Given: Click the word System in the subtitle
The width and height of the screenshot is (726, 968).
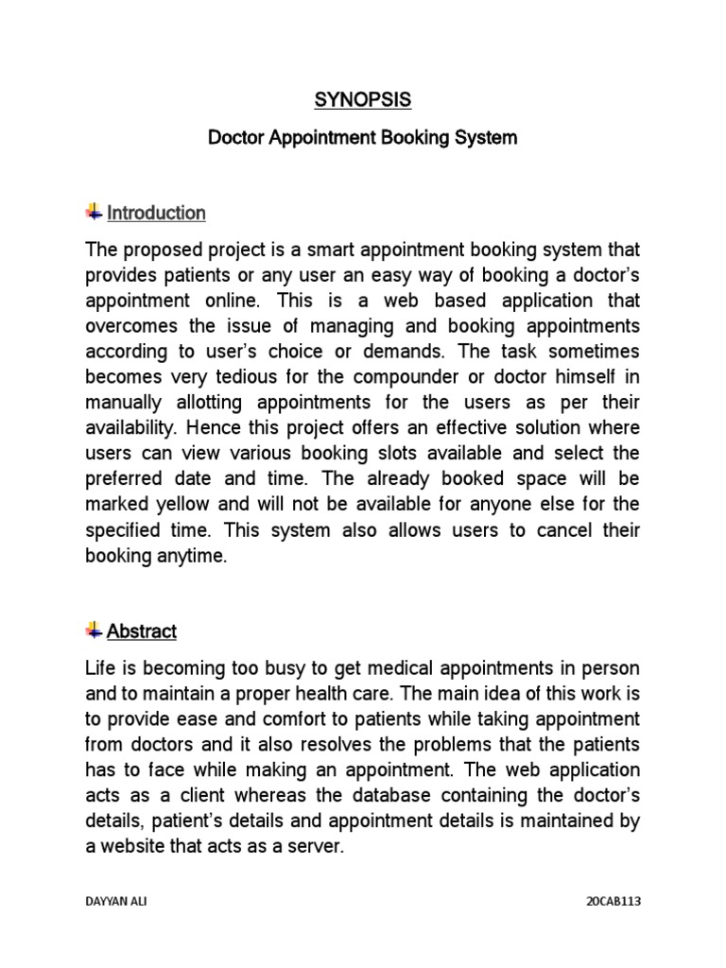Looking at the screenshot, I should click(x=486, y=138).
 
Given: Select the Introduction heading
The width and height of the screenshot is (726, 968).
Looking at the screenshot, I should click(x=156, y=213).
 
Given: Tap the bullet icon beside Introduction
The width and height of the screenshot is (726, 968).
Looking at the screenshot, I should click(x=94, y=212).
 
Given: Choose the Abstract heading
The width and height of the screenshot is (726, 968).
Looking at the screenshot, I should click(x=142, y=631).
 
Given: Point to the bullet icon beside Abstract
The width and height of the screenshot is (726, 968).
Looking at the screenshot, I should click(x=94, y=630).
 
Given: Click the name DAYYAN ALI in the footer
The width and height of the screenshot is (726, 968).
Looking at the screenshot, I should click(x=116, y=902).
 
